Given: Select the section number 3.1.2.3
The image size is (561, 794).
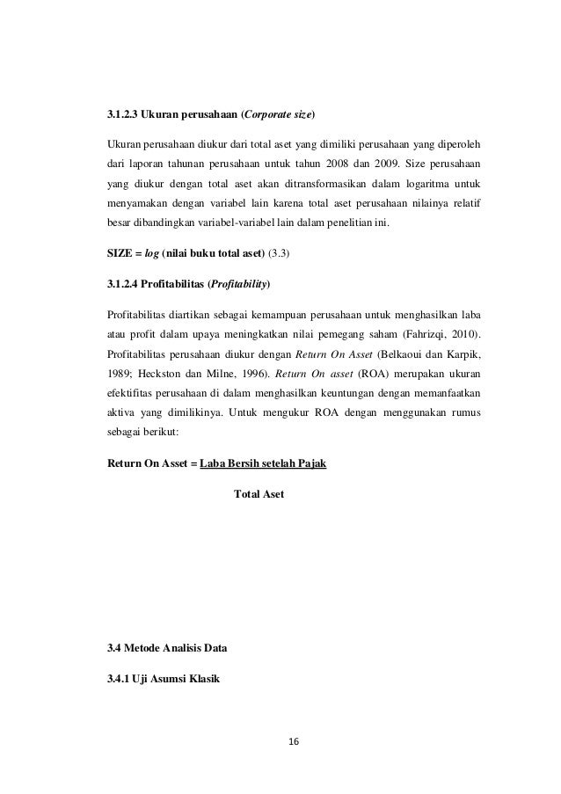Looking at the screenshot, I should [124, 115].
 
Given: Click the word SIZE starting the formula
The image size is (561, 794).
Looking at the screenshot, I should [118, 254].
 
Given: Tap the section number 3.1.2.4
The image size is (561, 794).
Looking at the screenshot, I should [124, 286].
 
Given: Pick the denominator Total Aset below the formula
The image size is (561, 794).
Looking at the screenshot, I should [259, 494].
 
